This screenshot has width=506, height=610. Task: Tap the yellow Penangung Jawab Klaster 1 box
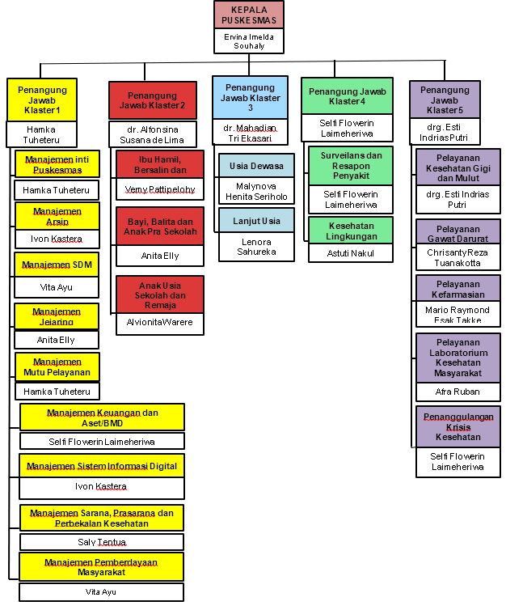[x=42, y=99]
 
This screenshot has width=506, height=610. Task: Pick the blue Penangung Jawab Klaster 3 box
[x=251, y=97]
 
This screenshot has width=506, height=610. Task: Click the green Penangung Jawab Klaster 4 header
[x=347, y=96]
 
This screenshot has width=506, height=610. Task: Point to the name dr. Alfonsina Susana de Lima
[x=154, y=133]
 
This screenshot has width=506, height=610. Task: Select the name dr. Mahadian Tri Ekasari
[x=251, y=134]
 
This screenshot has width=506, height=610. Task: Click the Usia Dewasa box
[x=255, y=166]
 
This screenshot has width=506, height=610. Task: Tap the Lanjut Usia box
[x=255, y=219]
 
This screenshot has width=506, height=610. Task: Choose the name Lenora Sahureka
[x=255, y=247]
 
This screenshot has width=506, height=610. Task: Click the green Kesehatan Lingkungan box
[x=350, y=229]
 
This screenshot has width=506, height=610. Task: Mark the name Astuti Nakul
[x=350, y=254]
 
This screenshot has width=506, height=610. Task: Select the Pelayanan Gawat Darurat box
[x=458, y=233]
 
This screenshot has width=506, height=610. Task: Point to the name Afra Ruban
[x=458, y=392]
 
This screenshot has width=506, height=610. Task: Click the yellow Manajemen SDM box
[x=57, y=265]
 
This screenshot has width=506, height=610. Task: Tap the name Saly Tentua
[x=102, y=541]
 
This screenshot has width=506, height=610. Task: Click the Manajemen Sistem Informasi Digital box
[x=102, y=466]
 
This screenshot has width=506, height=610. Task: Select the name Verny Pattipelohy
[x=159, y=191]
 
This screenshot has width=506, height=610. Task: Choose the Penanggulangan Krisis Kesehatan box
[x=458, y=425]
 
